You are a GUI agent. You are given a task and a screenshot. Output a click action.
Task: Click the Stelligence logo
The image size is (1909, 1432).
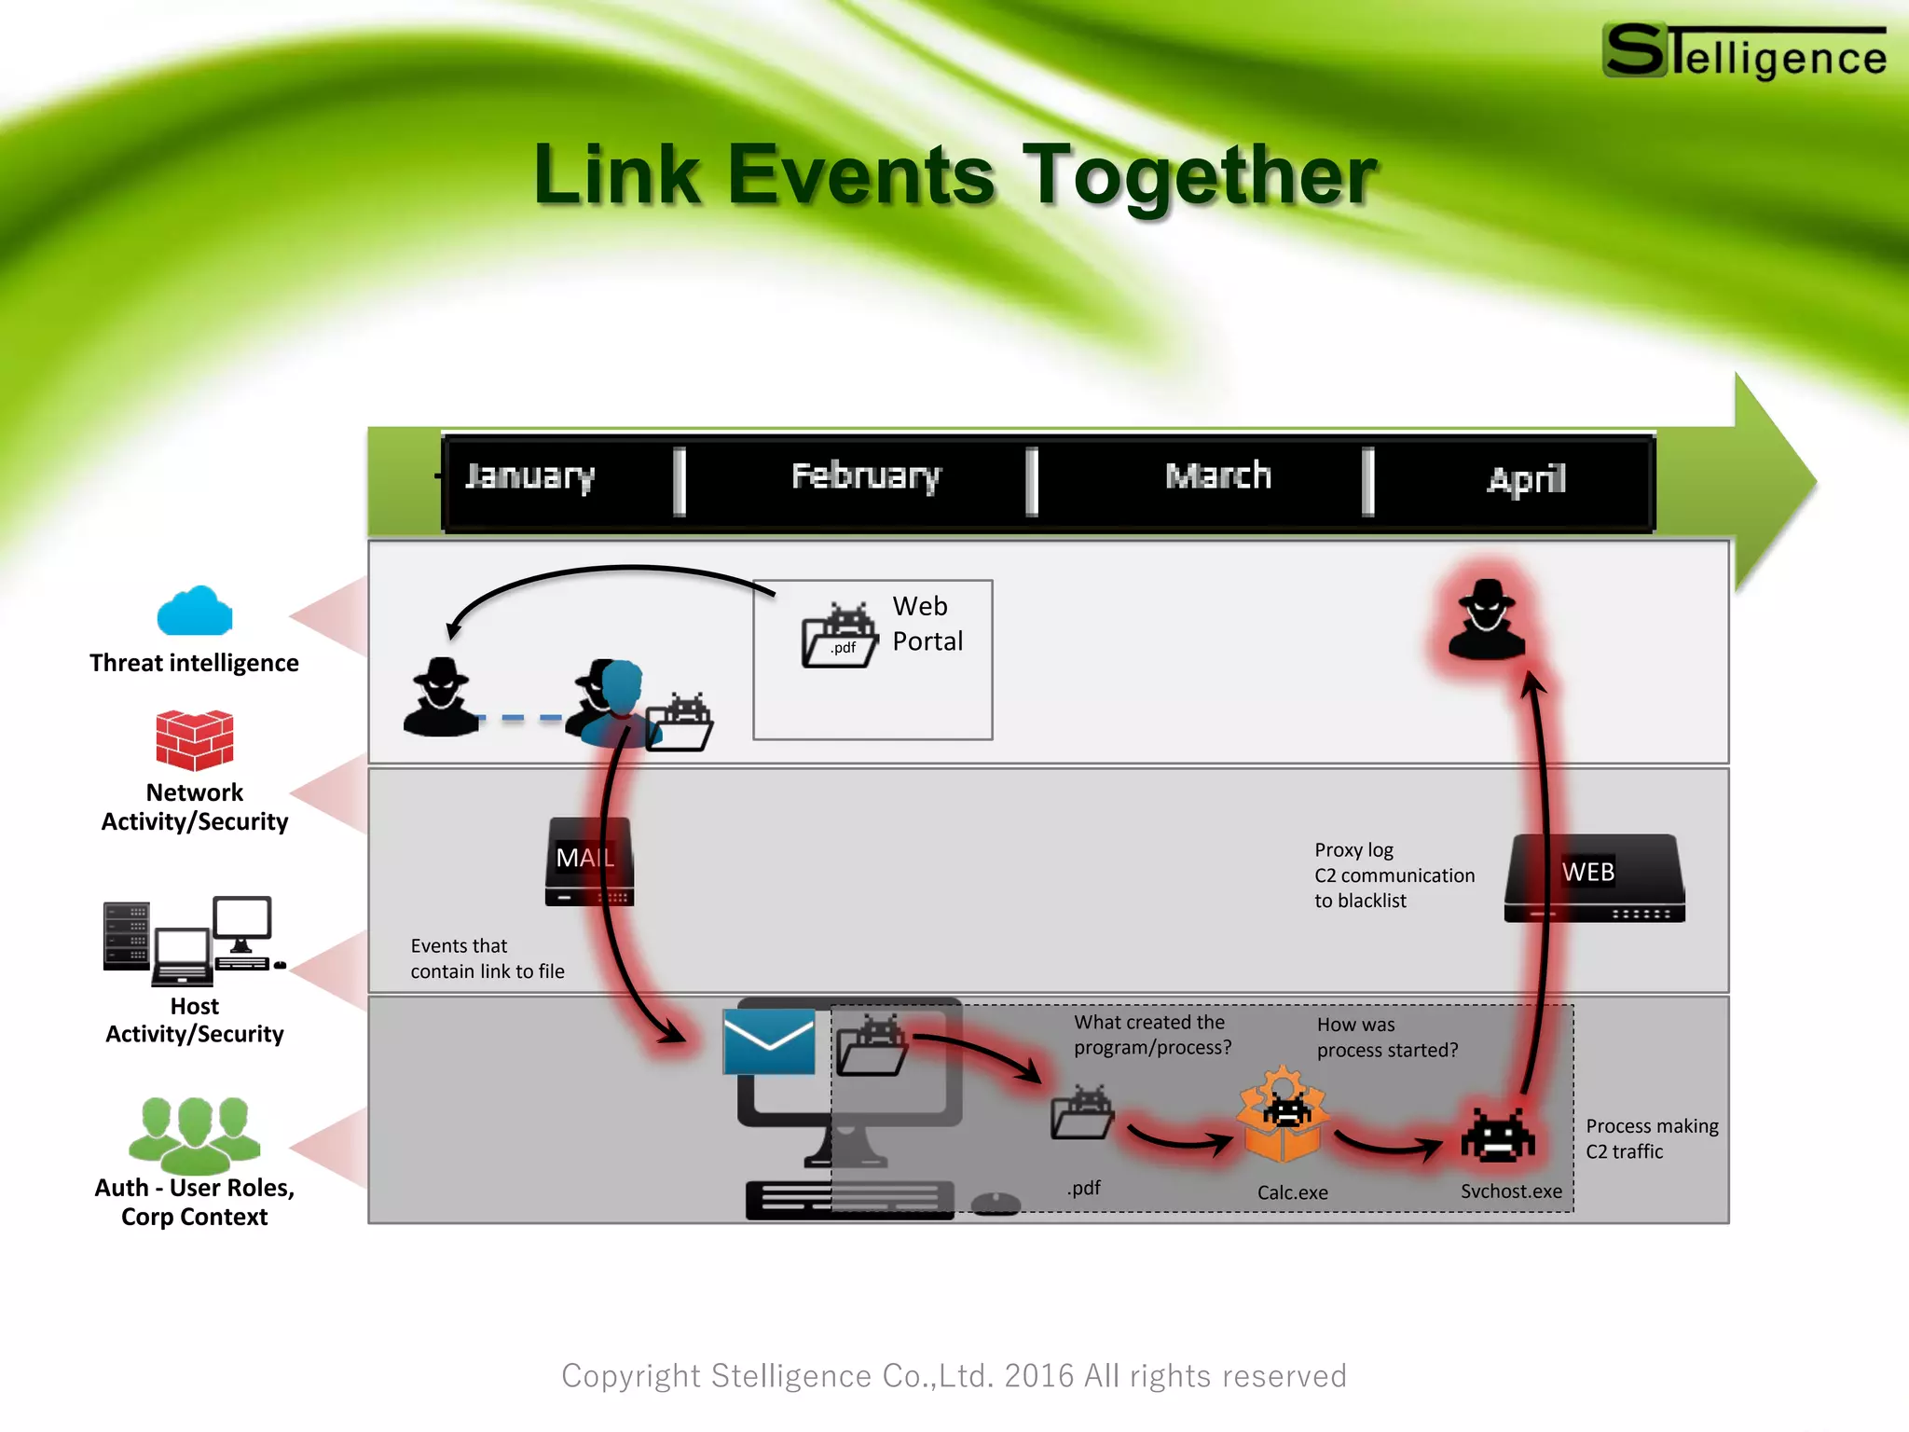1743,52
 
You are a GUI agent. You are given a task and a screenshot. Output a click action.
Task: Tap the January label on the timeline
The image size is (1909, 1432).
529,476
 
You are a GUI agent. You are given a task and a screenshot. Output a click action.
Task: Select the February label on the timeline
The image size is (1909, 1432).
866,476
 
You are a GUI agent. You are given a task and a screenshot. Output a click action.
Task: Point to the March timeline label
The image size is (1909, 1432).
1218,476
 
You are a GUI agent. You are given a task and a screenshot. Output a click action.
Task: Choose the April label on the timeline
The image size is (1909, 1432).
1526,479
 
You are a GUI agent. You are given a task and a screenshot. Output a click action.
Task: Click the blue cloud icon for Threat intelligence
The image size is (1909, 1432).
194,612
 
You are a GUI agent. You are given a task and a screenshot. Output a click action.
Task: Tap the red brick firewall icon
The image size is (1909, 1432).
194,740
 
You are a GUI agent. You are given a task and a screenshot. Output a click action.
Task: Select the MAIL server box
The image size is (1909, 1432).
589,861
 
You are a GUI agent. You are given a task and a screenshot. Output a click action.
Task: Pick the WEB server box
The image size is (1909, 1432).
1594,878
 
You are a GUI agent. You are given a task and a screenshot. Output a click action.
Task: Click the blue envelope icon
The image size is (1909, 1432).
769,1041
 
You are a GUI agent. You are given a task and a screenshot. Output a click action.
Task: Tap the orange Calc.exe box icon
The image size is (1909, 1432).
1283,1116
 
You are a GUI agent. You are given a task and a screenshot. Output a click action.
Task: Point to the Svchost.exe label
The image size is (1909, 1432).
1511,1191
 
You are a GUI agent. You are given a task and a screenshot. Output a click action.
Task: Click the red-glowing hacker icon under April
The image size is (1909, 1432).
1487,619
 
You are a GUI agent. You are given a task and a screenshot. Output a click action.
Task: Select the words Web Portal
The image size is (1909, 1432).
927,624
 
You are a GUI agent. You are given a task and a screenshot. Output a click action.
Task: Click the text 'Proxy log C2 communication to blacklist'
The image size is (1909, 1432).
1394,875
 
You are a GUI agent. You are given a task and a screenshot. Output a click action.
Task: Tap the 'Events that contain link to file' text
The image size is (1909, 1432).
487,958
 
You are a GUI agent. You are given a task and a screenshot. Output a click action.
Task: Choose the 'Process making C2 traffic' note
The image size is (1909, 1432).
1651,1138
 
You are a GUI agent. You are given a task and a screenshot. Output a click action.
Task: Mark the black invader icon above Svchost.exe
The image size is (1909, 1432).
1497,1136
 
